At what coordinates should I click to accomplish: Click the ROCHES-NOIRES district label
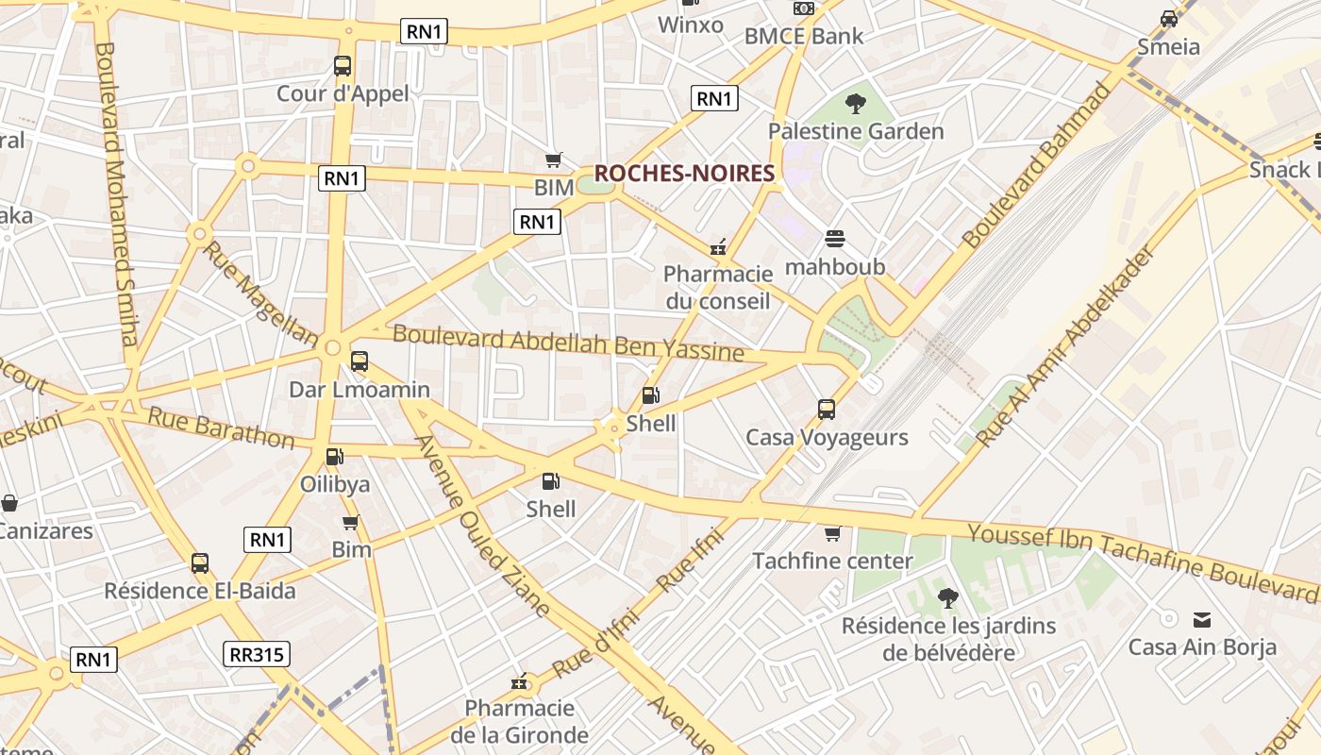coord(684,173)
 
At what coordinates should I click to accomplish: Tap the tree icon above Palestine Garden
coord(855,103)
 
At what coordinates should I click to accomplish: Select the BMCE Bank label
coord(803,36)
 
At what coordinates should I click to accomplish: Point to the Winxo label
coord(690,25)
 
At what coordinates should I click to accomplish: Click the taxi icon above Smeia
coord(1169,19)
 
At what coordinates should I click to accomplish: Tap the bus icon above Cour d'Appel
coord(343,66)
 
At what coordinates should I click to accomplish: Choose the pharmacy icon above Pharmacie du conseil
coord(718,247)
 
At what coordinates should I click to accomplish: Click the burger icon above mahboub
coord(835,239)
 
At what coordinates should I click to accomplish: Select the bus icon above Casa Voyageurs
coord(827,410)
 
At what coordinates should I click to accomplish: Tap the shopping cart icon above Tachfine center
coord(832,534)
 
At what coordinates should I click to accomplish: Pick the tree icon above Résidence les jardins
coord(947,597)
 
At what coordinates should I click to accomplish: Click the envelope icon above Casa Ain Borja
coord(1202,620)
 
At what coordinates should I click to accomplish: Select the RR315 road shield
coord(257,654)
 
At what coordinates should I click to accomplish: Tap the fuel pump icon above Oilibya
coord(334,457)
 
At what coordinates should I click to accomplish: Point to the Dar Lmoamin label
coord(359,389)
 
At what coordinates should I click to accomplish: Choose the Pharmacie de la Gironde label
coord(519,720)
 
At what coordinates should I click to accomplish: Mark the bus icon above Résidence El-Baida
coord(200,563)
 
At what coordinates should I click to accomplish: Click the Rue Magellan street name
coord(259,293)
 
